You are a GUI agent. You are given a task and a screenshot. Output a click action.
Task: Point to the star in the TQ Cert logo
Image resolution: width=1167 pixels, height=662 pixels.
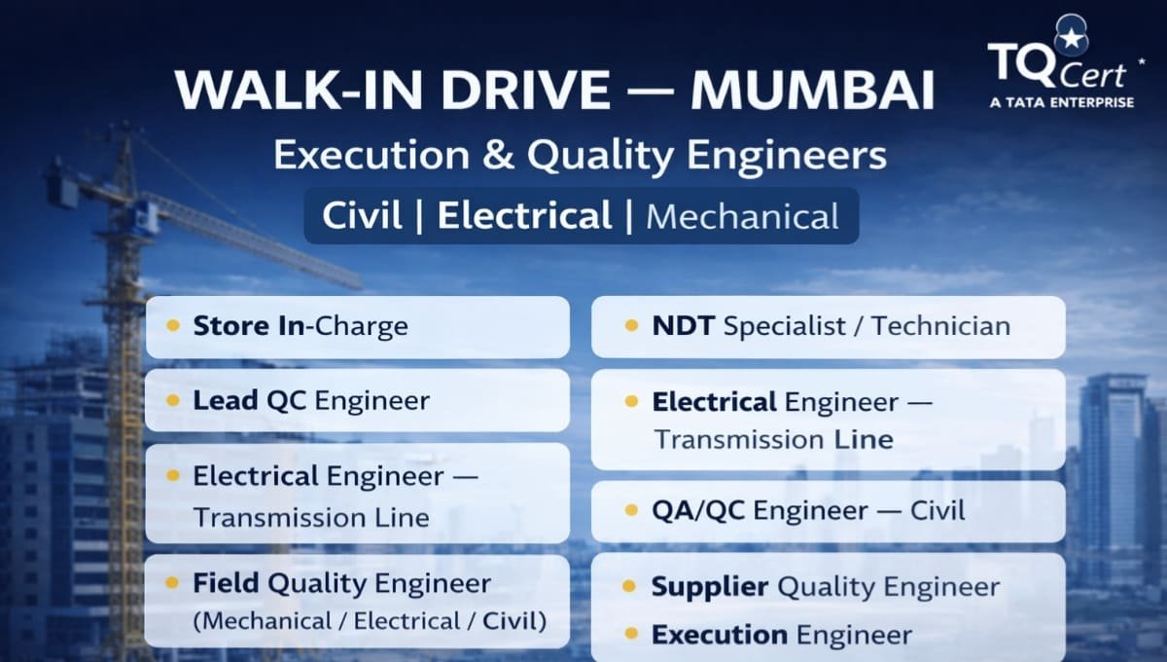point(1072,39)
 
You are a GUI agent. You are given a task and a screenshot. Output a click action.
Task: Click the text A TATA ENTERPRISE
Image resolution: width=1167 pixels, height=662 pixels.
point(1061,101)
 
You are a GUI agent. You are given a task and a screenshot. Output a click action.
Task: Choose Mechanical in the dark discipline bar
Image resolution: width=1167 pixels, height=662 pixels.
point(742,216)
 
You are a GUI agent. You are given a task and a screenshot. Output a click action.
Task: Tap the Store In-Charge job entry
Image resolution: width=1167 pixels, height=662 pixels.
point(301,325)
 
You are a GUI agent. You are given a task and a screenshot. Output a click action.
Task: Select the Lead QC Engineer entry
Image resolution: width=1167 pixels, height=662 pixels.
point(311,400)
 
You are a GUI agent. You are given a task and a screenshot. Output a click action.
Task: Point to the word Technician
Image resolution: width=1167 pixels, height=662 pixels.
point(940,325)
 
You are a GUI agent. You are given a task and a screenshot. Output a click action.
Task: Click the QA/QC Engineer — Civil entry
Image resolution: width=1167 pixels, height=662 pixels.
point(808,509)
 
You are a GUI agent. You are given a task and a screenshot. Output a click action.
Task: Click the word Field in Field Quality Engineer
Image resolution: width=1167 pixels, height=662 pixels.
point(226,583)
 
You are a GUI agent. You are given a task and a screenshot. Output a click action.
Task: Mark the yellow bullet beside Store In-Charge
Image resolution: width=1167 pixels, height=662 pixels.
point(173,325)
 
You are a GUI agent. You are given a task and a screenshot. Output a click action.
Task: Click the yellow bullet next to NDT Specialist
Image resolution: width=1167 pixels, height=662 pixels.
point(631,325)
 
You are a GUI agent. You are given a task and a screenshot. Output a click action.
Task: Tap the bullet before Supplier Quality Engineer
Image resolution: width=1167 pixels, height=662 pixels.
point(631,587)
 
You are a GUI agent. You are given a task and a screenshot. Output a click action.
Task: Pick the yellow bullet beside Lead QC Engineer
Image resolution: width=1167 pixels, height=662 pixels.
point(173,400)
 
